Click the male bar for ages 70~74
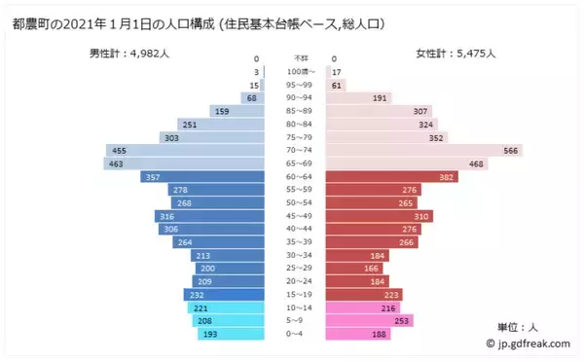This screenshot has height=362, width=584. [185, 151]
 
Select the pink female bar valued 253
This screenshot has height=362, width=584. [370, 320]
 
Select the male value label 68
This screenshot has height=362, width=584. [251, 98]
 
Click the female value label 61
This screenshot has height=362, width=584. [338, 85]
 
